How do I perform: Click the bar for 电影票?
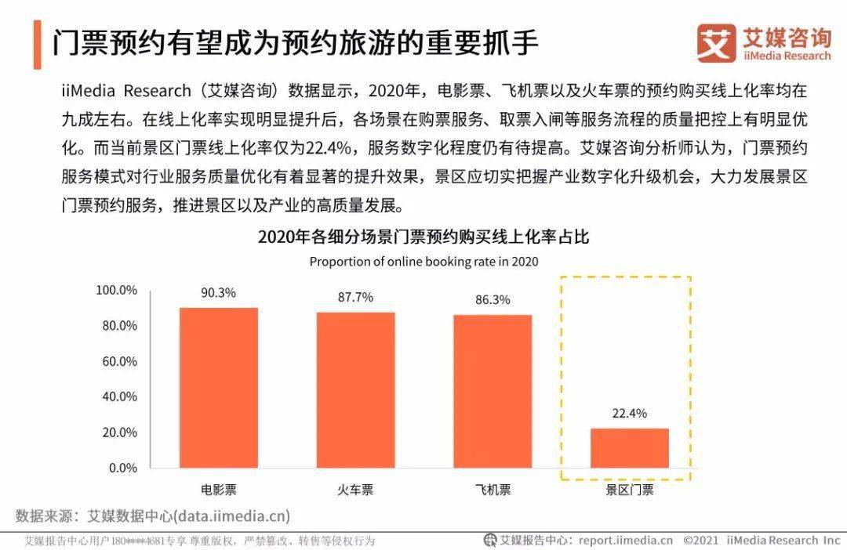coord(219,387)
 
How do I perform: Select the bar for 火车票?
coord(355,389)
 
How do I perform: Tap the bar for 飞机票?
coord(493,391)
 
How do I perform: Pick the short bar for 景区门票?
coord(629,447)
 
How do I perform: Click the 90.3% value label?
coord(218,293)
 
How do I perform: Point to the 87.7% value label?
coord(355,298)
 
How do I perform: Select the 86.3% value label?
coord(493,300)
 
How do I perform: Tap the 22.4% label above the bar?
coord(629,414)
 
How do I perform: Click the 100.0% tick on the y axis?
coord(116,291)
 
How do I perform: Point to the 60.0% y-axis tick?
coord(119,361)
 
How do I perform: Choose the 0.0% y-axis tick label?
coord(122,468)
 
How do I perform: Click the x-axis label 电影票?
coord(218,490)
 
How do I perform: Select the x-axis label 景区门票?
coord(629,490)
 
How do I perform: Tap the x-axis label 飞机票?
coord(493,490)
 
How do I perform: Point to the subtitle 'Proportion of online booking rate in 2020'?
coord(423,262)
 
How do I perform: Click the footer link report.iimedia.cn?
coord(626,541)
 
